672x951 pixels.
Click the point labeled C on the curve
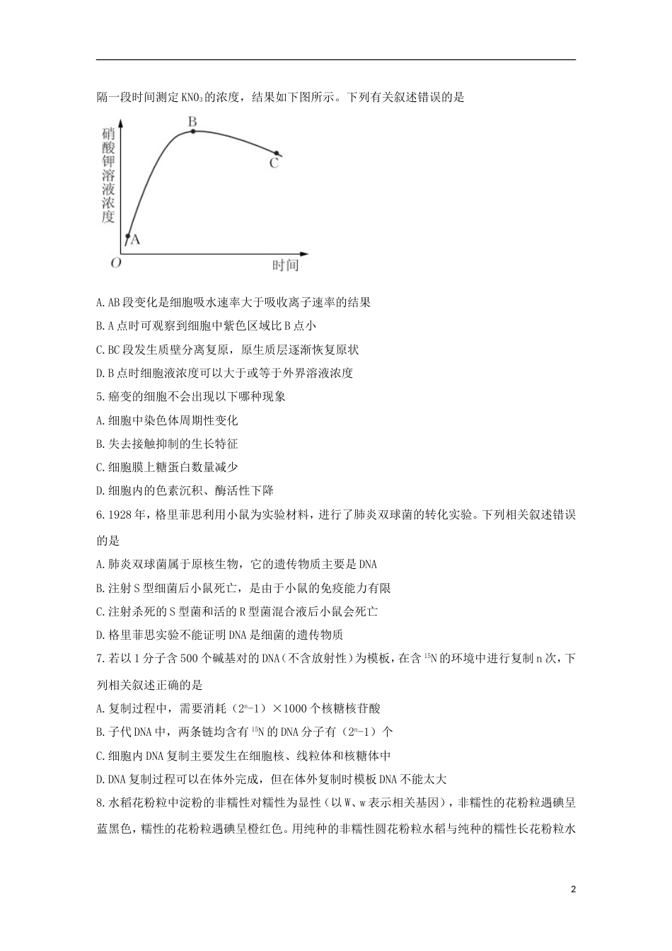click(x=277, y=153)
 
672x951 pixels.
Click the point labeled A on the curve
click(x=128, y=237)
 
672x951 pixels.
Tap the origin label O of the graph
click(x=115, y=263)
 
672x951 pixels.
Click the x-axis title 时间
click(x=285, y=265)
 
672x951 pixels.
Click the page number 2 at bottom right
click(x=574, y=889)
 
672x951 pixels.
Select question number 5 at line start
click(x=99, y=397)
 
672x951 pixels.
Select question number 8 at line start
click(x=99, y=803)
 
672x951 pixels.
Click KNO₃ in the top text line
click(x=193, y=98)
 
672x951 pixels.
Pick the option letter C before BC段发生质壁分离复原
click(x=99, y=350)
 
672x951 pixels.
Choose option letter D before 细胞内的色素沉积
click(x=99, y=490)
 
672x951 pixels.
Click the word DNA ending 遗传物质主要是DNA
click(x=368, y=564)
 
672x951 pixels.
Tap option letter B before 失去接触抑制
click(x=99, y=444)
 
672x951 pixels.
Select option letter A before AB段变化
click(x=99, y=303)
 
